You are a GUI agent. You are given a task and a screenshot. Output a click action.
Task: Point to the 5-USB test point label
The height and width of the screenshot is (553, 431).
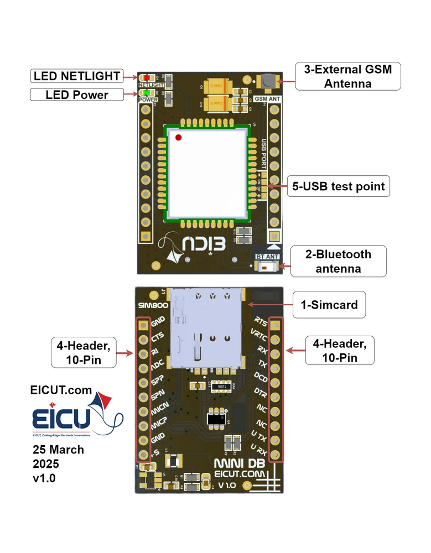tap(338, 186)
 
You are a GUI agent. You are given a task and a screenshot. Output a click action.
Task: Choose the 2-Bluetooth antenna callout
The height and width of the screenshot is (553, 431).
tap(338, 262)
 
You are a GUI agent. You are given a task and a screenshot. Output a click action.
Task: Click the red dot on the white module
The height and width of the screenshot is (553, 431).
tap(178, 137)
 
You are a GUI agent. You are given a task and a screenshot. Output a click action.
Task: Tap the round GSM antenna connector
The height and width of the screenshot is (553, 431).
tap(268, 80)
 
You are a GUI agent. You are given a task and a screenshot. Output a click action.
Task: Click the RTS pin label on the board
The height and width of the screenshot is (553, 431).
tap(261, 321)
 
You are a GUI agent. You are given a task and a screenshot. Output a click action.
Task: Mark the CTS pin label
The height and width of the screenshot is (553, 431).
tap(158, 336)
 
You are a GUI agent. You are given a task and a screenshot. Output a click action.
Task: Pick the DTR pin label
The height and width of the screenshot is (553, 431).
tap(261, 392)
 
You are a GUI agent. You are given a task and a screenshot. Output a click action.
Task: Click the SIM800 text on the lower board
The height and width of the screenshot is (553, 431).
tap(150, 306)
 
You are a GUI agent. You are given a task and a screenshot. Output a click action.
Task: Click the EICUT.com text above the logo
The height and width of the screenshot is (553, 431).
tap(61, 390)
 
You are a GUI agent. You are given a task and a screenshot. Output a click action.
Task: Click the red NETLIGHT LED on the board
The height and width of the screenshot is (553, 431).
tap(145, 79)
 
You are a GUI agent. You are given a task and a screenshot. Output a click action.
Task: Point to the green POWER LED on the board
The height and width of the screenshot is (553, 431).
tap(145, 93)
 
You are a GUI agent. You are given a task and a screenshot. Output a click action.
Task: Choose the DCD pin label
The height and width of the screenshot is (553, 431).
tap(261, 378)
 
